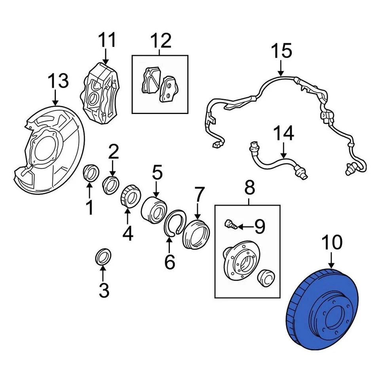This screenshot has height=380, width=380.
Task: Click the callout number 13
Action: (58, 81)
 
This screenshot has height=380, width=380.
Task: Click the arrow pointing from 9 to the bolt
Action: (245, 226)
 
